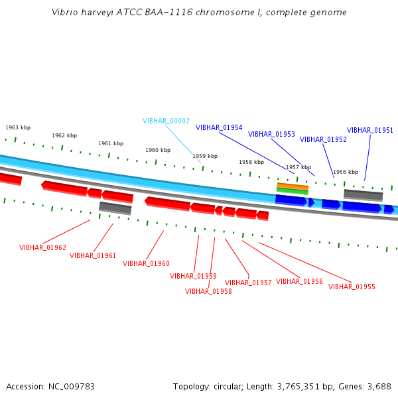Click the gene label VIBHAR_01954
[x=219, y=127]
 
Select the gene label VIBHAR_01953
[x=271, y=134]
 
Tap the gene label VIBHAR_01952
[x=323, y=139]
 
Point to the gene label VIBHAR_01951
[x=370, y=130]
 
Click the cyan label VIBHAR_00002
[x=166, y=121]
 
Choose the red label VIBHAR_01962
[x=42, y=247]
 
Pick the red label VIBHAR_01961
[x=93, y=255]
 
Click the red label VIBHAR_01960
[x=146, y=263]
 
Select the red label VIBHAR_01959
[x=193, y=276]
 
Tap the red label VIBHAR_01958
[x=208, y=291]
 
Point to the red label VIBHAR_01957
[x=248, y=283]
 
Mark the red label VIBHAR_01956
[x=299, y=281]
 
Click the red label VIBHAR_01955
[x=352, y=287]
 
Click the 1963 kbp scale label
[x=18, y=127]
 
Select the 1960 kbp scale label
[x=158, y=150]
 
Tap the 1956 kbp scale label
[x=346, y=172]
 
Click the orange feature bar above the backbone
[x=293, y=186]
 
